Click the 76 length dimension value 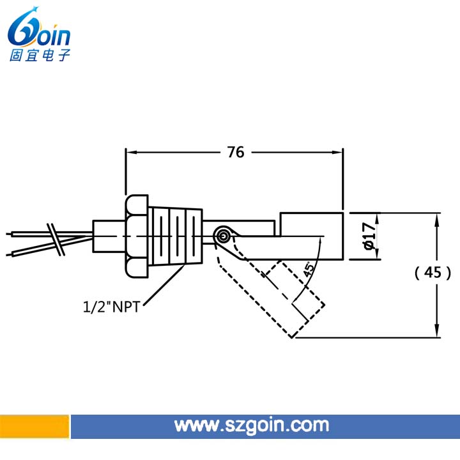pos(236,152)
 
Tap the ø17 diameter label pos(369,236)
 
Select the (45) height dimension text pos(433,273)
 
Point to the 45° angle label pos(309,269)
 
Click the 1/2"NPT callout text pos(111,307)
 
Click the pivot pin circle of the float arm pos(224,236)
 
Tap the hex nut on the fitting pos(137,236)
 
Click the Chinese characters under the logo pos(40,55)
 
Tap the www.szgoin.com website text pos(252,425)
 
